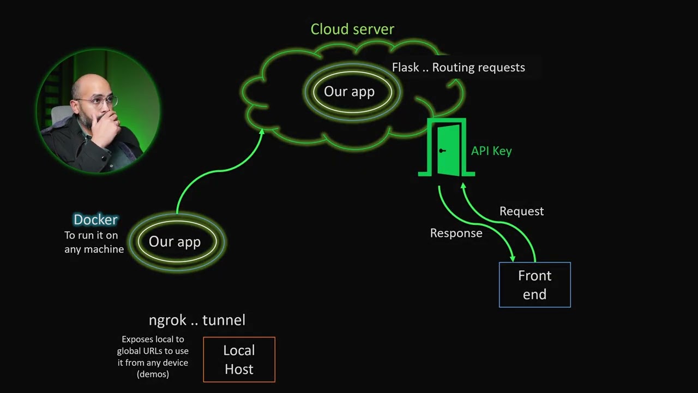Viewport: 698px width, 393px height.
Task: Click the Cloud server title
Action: pos(352,29)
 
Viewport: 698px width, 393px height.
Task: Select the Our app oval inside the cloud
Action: pos(349,92)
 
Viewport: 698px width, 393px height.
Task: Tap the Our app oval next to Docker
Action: pos(174,242)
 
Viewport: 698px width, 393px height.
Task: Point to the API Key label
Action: pos(491,151)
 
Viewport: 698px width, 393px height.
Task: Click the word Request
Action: pos(521,211)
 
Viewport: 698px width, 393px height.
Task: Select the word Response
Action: pos(456,233)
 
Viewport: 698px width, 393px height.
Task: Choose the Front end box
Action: pos(534,285)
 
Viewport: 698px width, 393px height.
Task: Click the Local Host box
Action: pos(239,360)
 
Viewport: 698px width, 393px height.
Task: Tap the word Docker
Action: pos(95,220)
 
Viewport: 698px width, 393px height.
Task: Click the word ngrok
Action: pos(167,320)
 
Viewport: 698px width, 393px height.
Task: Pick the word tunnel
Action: pos(224,320)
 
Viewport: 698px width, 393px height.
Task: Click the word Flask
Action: pos(405,68)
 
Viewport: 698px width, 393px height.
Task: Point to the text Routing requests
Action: pos(478,68)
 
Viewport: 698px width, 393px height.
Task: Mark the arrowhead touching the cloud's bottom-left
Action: pos(262,132)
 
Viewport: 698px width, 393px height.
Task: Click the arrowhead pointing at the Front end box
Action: pos(512,257)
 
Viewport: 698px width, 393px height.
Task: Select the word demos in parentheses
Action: pos(153,374)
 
